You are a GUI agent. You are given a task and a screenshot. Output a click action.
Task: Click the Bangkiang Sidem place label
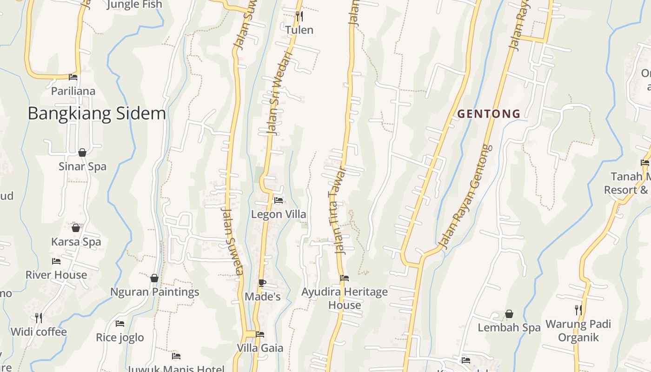(97, 113)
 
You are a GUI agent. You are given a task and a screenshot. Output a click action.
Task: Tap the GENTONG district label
(489, 113)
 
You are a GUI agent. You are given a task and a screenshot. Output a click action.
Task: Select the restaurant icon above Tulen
(299, 17)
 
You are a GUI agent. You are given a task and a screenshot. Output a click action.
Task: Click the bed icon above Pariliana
(73, 77)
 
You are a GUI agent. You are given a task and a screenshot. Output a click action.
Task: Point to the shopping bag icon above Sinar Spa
(82, 153)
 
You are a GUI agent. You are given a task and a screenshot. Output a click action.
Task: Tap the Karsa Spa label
(76, 242)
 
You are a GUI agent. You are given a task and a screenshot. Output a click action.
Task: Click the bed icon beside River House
(56, 261)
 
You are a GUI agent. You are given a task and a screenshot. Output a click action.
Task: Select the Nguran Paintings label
(154, 292)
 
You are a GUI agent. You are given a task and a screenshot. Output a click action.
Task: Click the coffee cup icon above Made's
(262, 283)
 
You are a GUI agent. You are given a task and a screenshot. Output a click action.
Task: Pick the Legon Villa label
(279, 214)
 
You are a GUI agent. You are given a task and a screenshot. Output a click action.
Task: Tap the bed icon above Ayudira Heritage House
(345, 278)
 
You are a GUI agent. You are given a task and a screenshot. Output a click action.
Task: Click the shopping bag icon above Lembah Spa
(509, 314)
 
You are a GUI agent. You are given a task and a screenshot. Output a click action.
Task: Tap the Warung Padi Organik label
(578, 331)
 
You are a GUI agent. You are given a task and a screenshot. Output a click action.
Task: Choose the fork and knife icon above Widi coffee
(39, 318)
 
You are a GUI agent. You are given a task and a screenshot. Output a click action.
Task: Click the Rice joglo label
(120, 338)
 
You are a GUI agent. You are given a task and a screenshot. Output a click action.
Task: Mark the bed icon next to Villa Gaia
(260, 334)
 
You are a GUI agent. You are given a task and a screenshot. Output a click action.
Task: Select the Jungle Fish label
(134, 5)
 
